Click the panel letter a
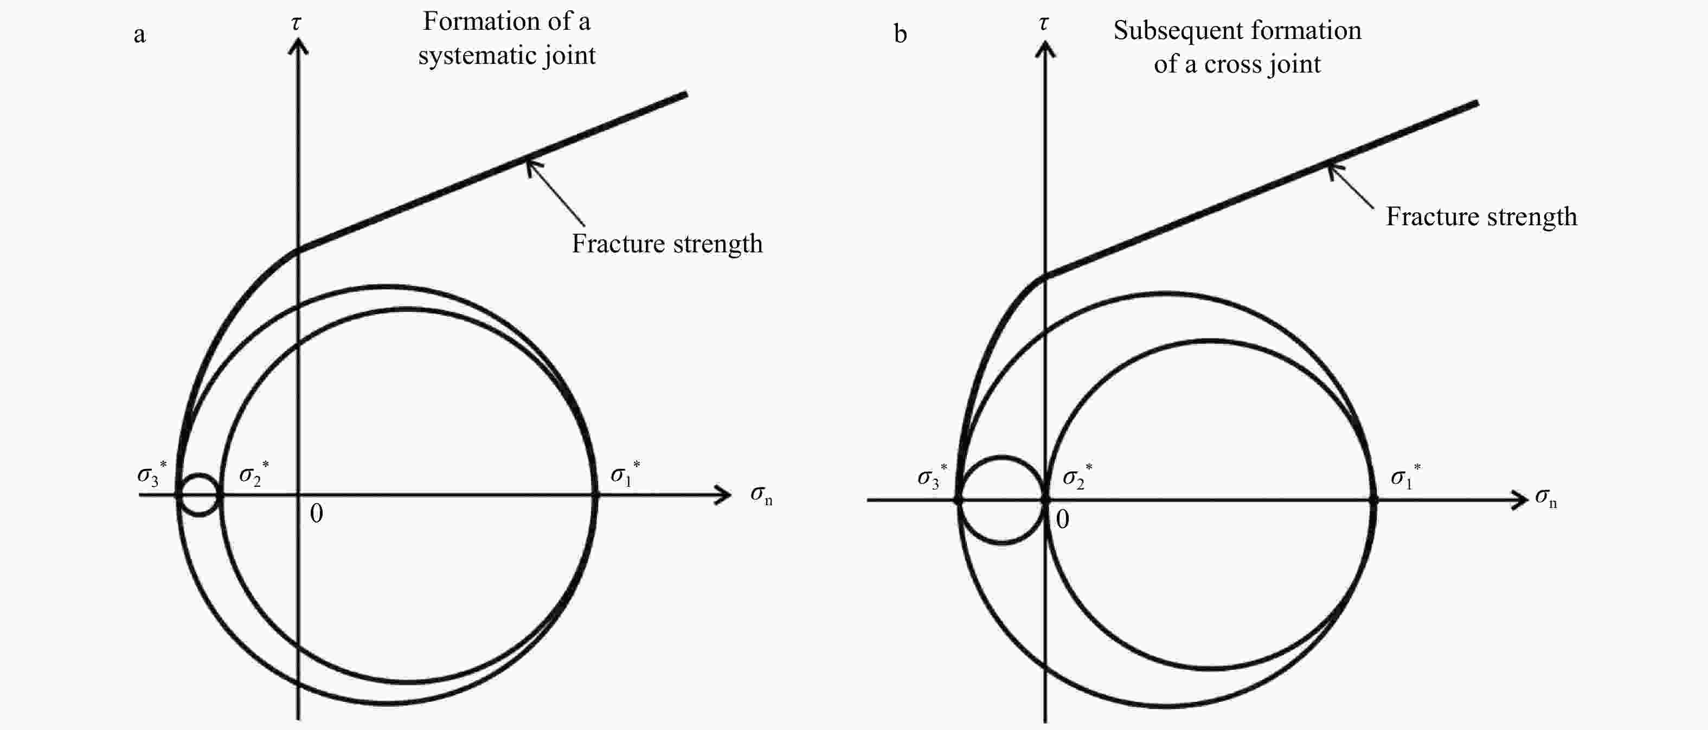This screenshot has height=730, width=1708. (139, 35)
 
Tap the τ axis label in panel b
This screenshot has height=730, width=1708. (1044, 23)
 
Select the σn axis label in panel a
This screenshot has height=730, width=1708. (761, 495)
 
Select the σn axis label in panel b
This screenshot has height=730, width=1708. (1545, 499)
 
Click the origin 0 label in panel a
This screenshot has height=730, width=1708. (316, 513)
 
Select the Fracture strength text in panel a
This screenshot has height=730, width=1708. (667, 244)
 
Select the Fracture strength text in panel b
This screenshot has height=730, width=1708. (1481, 217)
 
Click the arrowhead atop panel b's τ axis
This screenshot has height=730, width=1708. (1045, 48)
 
